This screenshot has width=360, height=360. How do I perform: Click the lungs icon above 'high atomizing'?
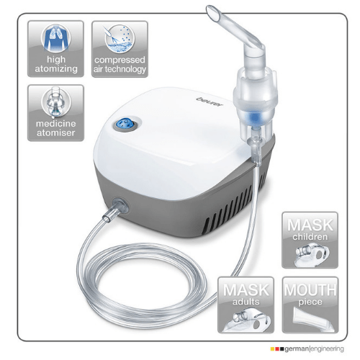[56, 38]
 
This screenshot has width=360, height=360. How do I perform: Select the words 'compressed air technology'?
[120, 65]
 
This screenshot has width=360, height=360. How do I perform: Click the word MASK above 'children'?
[310, 224]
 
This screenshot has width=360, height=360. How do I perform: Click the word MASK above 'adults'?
[246, 289]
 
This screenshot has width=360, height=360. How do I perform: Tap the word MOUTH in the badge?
[310, 289]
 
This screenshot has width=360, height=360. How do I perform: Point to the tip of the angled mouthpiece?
[213, 12]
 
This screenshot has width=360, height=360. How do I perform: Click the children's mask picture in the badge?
[310, 252]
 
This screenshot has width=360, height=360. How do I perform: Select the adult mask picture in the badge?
[246, 316]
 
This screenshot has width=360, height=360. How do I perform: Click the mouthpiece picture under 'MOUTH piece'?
[310, 317]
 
